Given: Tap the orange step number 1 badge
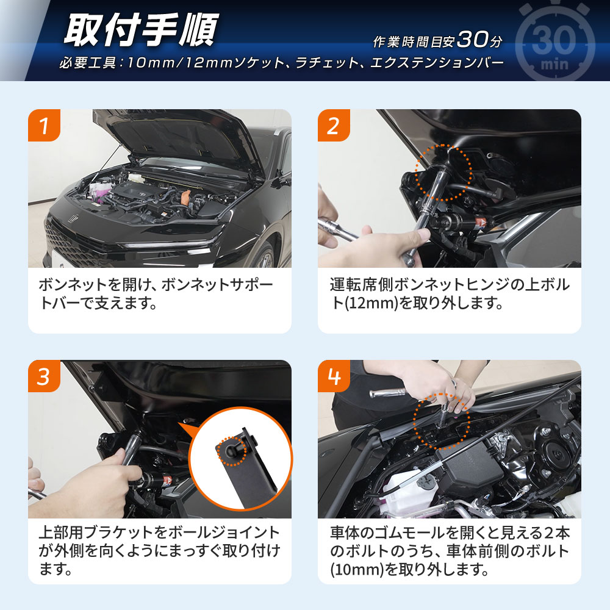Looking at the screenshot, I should (44, 126).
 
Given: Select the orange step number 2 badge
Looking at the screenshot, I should (334, 126).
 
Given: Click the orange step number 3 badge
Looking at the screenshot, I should (44, 376).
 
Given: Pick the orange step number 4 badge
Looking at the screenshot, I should (334, 376).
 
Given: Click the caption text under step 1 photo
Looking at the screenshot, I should (156, 293).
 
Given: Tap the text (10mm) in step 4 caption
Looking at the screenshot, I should (351, 570).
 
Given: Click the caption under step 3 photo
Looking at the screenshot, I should (159, 551).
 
